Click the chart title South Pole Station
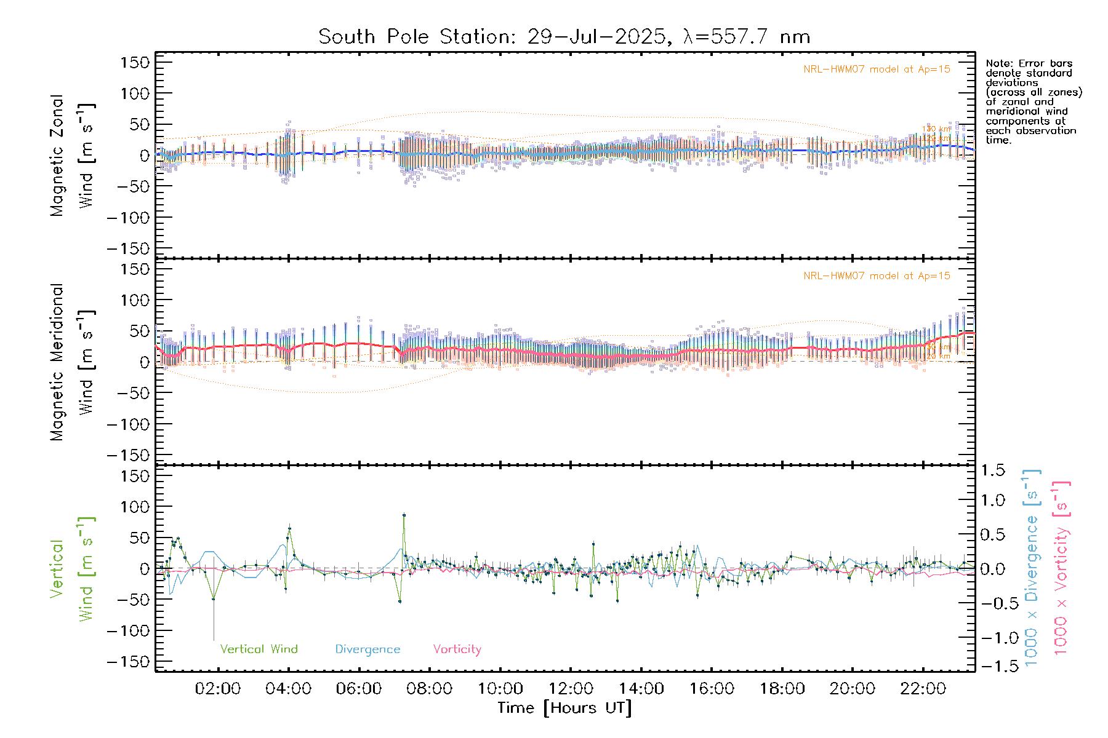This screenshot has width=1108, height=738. (x=564, y=37)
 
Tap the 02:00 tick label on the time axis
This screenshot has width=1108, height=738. (x=218, y=689)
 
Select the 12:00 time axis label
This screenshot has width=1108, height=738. (x=571, y=689)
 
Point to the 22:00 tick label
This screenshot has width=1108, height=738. (x=923, y=689)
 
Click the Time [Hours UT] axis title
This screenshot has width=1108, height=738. (x=564, y=708)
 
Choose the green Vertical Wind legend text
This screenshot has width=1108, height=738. (x=259, y=649)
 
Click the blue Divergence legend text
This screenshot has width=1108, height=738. (x=367, y=649)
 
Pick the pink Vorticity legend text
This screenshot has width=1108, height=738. (x=457, y=649)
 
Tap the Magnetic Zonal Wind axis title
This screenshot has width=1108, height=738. (x=73, y=156)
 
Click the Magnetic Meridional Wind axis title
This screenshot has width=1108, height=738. (x=73, y=362)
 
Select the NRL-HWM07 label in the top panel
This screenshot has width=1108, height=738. (x=877, y=69)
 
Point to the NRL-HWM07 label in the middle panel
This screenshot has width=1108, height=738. (x=877, y=276)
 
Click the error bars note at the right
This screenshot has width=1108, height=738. (x=1034, y=101)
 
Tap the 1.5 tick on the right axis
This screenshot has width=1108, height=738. (x=992, y=470)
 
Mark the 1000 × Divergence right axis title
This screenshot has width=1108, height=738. (x=1032, y=568)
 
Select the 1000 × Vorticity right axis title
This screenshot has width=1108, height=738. (x=1061, y=568)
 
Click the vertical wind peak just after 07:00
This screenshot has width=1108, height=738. (x=404, y=515)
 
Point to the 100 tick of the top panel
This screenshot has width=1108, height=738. (x=135, y=93)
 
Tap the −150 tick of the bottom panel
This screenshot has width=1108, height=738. (x=128, y=662)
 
